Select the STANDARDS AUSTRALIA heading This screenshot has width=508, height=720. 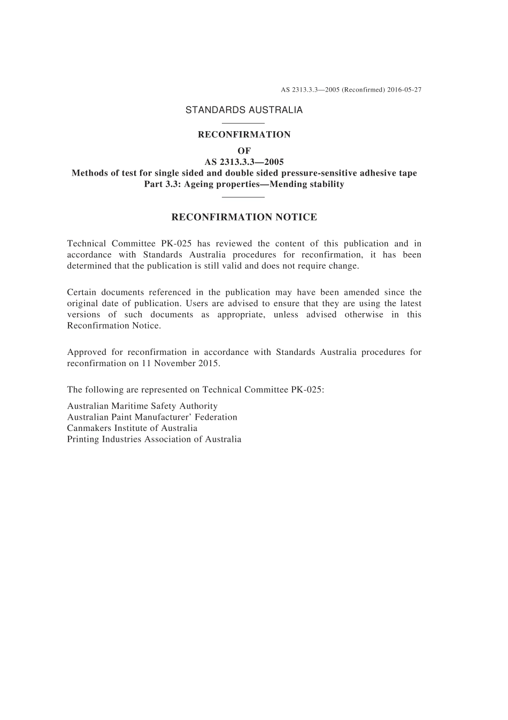coord(244,110)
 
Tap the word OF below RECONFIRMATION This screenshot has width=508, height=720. coord(244,151)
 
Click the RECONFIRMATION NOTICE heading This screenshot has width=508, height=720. coord(244,217)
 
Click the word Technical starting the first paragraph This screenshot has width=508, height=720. coord(86,244)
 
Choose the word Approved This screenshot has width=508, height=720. coord(87,352)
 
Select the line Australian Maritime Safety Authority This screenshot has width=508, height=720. coord(142,406)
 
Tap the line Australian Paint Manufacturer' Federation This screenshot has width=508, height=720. coord(152,417)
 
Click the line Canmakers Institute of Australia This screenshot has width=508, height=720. coord(132,428)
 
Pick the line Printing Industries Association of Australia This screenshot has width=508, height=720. coord(154,439)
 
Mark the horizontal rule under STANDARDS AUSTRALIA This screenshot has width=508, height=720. coord(244,124)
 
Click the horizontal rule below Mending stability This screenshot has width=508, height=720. coord(244,197)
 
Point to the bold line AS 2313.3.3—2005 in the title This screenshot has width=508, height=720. coord(244,162)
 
